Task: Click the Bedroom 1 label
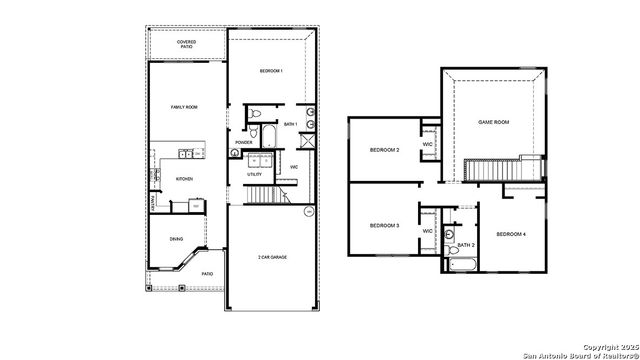coord(271,71)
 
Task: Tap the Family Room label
coord(183,106)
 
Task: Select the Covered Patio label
coord(187,44)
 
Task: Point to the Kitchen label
coord(184,179)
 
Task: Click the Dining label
coord(176,239)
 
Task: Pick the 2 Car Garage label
coord(272,257)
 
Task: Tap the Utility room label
coord(255,174)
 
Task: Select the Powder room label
coord(243,142)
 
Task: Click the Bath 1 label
coord(291,124)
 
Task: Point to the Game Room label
coord(494,121)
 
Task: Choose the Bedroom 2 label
coord(384,150)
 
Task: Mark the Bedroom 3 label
coord(384,226)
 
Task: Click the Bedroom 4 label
coord(511,233)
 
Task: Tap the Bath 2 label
coord(465,245)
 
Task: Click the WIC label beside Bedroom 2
coord(427,144)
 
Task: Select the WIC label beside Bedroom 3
coord(427,231)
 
